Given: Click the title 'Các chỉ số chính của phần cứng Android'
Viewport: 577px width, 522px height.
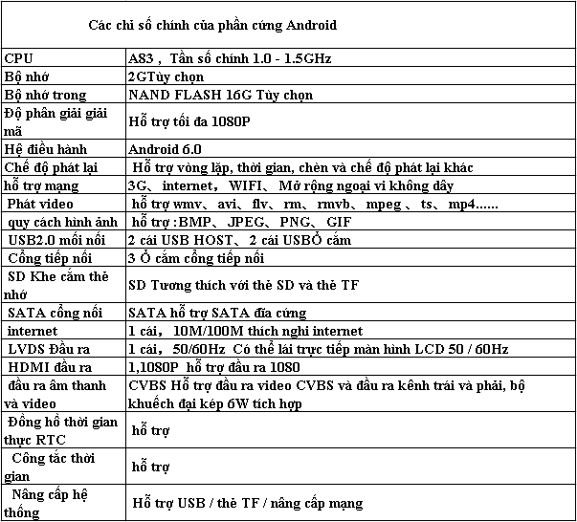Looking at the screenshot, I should click(211, 24).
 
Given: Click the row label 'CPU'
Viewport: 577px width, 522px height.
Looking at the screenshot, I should click(20, 59).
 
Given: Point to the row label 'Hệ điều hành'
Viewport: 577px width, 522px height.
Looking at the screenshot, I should click(46, 149).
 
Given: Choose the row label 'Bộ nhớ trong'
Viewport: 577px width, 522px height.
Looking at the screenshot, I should click(46, 95).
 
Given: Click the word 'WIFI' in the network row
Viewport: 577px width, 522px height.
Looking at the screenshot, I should click(243, 185).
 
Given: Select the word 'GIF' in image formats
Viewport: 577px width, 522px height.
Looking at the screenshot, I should click(339, 222).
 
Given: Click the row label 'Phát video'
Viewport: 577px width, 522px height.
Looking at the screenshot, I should click(40, 204).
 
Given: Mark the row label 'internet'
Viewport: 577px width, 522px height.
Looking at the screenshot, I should click(32, 331).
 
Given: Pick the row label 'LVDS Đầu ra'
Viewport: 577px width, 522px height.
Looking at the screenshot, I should click(48, 349).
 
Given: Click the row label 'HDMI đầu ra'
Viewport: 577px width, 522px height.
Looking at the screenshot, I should click(50, 367).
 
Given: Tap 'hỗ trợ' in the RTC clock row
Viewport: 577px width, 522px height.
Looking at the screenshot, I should click(150, 430).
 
